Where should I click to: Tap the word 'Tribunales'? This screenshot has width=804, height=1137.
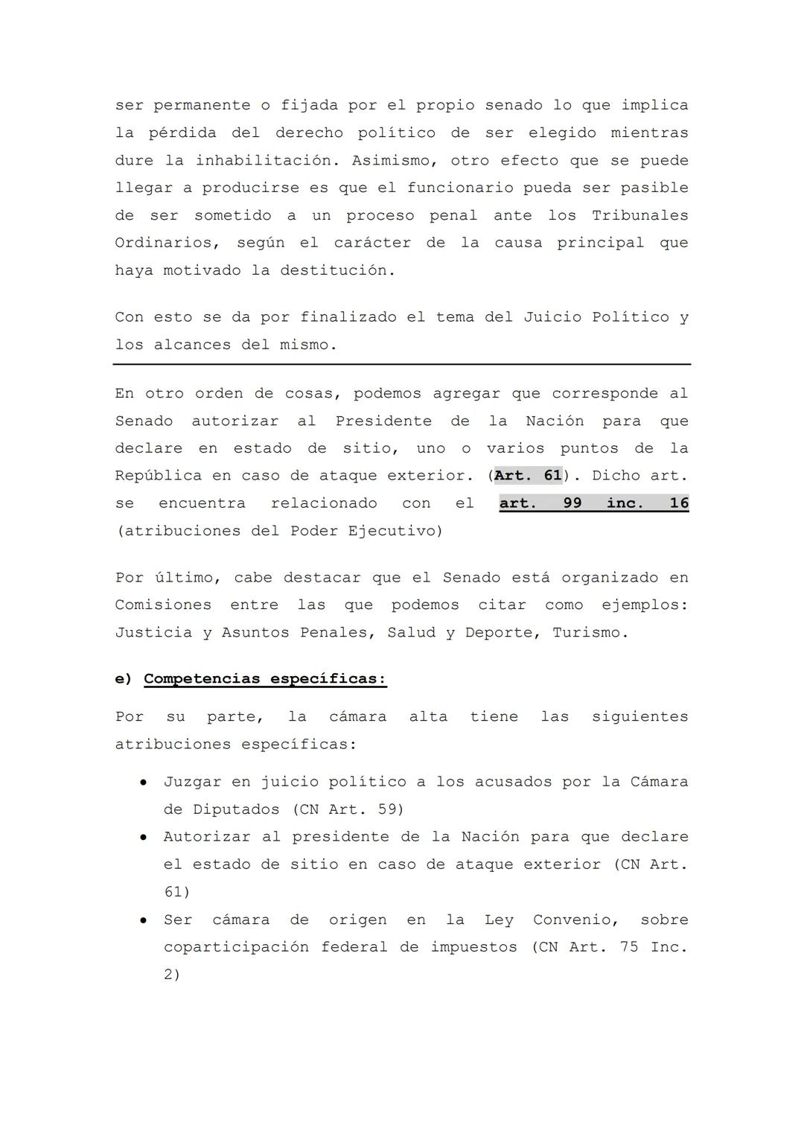tap(639, 216)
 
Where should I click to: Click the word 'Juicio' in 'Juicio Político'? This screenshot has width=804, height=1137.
tap(552, 318)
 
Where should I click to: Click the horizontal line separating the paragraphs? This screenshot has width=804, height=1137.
tap(402, 364)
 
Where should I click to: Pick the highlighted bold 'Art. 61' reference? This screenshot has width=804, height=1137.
tap(528, 476)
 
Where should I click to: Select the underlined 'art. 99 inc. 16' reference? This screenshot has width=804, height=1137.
tap(593, 503)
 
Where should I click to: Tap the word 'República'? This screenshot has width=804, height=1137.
tap(158, 476)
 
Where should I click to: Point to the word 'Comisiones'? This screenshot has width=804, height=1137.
tap(163, 605)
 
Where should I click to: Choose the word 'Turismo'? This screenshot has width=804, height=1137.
tap(587, 633)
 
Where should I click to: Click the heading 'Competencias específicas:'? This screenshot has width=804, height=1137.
tap(265, 679)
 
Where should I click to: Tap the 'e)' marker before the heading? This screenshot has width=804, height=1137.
tap(123, 679)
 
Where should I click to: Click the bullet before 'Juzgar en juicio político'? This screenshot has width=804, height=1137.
tap(143, 783)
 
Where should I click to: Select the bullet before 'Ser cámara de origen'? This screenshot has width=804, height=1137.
tap(143, 920)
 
